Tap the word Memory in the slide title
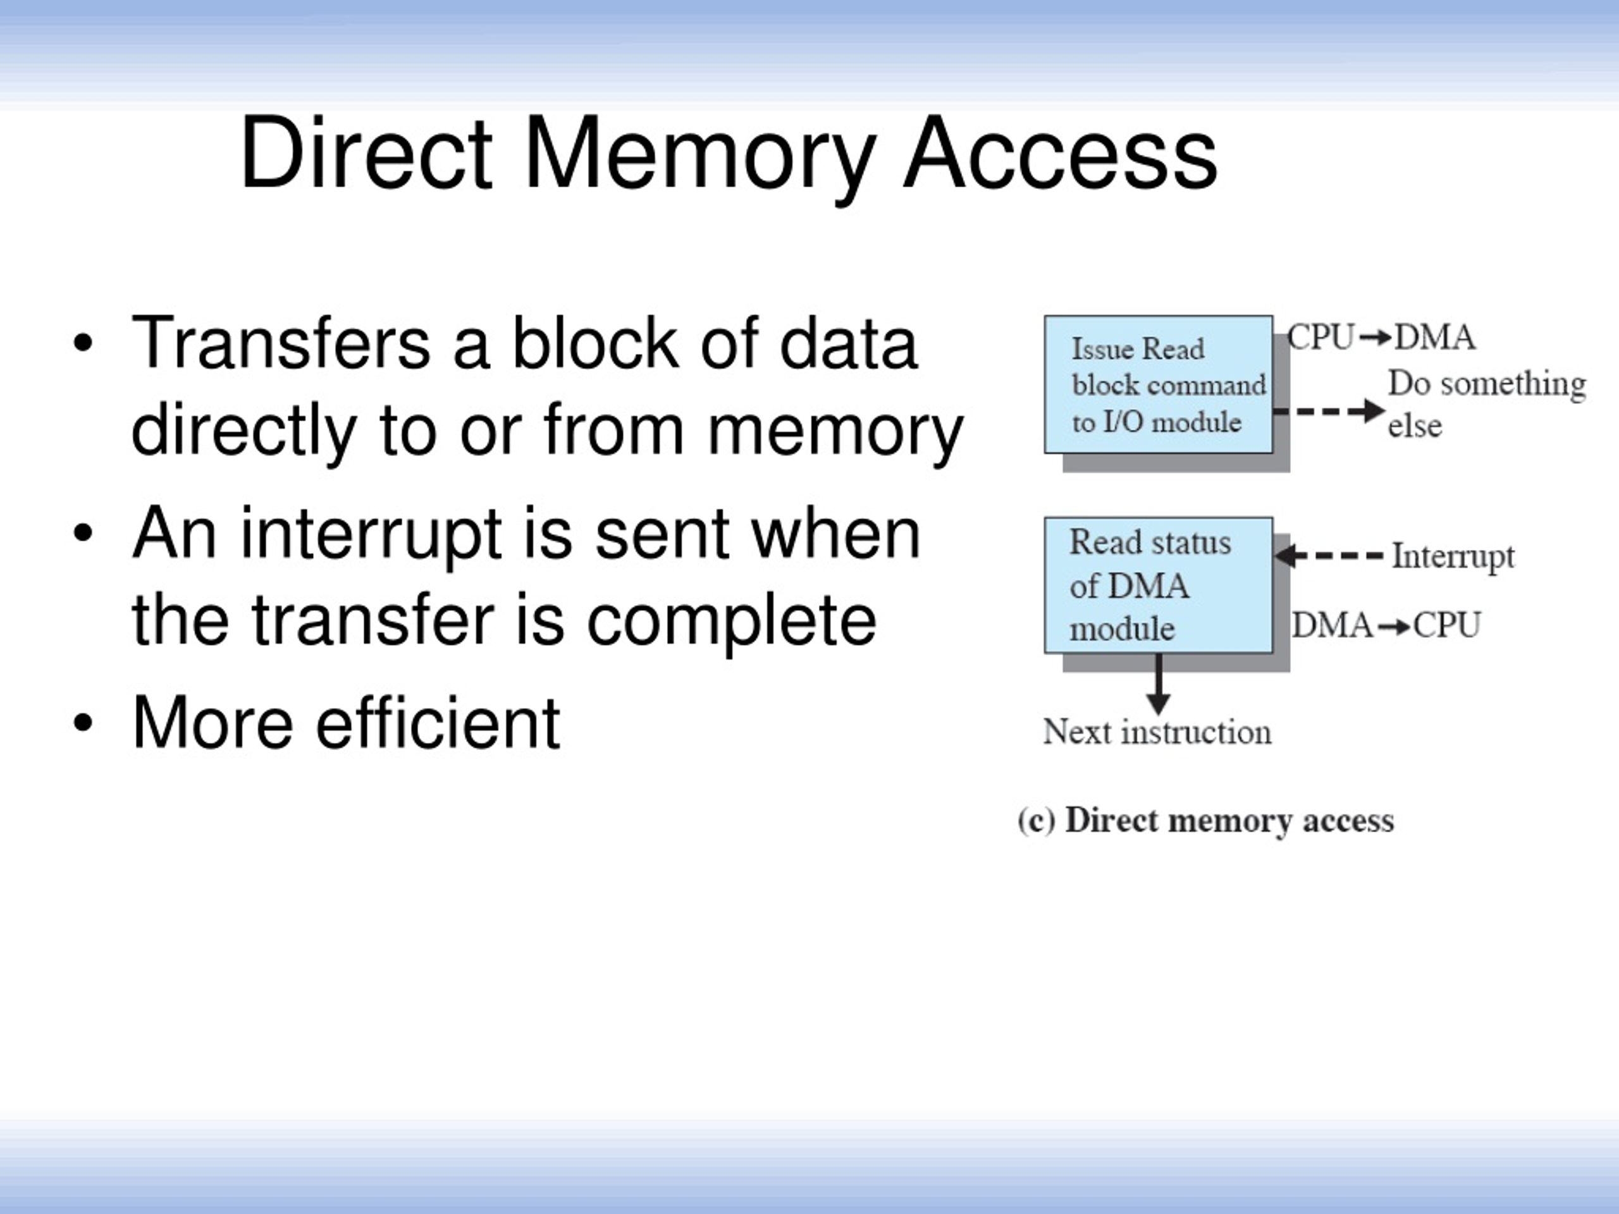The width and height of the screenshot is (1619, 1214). click(x=699, y=159)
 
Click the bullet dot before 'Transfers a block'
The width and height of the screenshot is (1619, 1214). click(x=83, y=343)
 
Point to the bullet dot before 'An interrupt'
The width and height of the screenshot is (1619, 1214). click(x=83, y=534)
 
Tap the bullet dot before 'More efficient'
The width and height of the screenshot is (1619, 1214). click(x=83, y=723)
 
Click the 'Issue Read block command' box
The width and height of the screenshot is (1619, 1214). click(x=1158, y=385)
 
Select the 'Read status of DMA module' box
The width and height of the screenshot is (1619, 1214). click(x=1158, y=586)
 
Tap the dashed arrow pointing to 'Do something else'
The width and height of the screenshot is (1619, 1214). click(x=1329, y=410)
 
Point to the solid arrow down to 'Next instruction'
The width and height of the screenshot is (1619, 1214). click(x=1158, y=684)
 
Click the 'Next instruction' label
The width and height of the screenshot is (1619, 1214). click(x=1157, y=732)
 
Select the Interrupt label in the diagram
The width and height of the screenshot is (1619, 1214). click(x=1453, y=557)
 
